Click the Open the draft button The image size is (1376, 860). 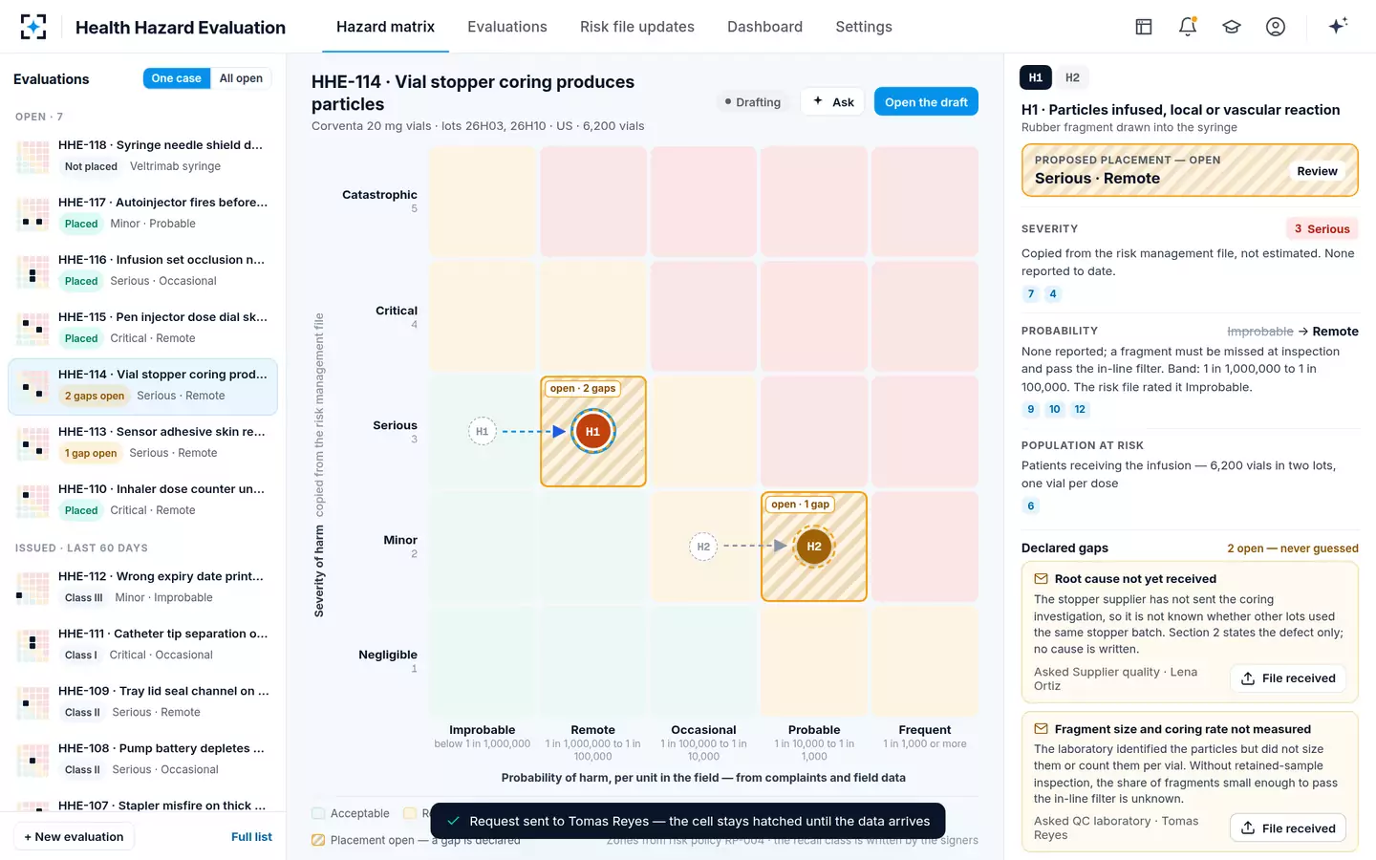(x=926, y=102)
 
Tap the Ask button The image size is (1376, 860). (x=833, y=102)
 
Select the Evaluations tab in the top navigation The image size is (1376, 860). (x=506, y=27)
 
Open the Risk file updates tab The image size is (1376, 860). (x=637, y=27)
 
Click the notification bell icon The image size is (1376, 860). (x=1188, y=27)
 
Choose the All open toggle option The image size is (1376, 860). (x=241, y=78)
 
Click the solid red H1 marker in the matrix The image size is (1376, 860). (x=592, y=431)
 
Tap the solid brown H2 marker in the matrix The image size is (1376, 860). (x=814, y=547)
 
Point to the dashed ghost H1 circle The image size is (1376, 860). (x=483, y=431)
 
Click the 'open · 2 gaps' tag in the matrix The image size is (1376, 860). (x=582, y=388)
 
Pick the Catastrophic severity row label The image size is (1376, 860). (x=379, y=195)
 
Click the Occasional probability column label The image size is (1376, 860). (x=703, y=730)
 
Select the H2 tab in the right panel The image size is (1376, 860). (x=1072, y=77)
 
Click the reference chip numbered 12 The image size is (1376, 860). (x=1080, y=409)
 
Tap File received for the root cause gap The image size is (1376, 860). (x=1288, y=678)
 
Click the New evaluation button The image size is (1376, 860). (x=74, y=837)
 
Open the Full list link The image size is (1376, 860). (x=251, y=837)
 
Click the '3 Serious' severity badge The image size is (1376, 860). (x=1322, y=228)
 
